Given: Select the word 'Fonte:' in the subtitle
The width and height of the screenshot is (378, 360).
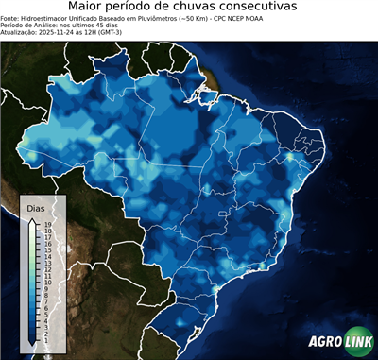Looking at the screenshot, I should (x=10, y=18).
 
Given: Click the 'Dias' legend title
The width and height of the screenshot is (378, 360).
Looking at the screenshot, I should (x=36, y=207).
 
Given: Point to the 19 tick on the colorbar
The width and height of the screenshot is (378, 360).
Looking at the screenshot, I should (x=46, y=224).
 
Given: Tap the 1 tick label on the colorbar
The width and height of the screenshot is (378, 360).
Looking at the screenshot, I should (x=46, y=334).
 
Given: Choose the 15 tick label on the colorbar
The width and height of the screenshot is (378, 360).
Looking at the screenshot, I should (x=46, y=249).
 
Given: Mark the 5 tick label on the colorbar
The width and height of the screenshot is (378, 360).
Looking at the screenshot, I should (x=46, y=310).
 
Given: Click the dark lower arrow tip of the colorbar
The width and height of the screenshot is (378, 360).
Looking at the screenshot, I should (x=33, y=341).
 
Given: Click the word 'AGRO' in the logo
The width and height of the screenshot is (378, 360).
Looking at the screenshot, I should (x=325, y=343).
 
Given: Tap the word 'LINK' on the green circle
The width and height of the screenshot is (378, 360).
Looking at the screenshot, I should (x=358, y=343).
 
